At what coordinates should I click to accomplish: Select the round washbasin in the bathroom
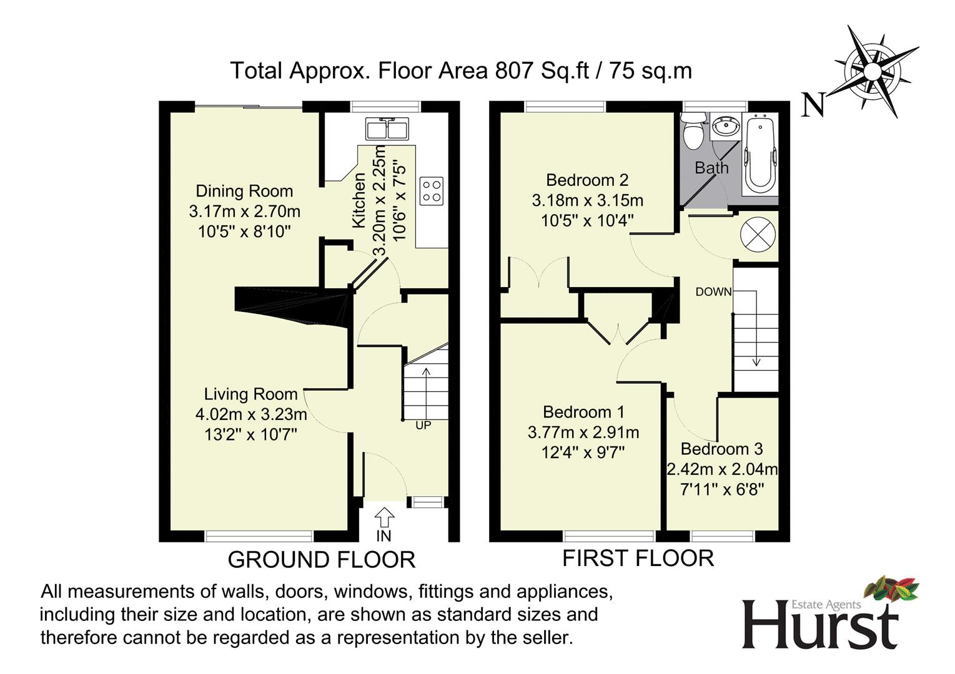[x=726, y=127]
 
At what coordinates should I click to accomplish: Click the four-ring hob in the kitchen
[x=432, y=191]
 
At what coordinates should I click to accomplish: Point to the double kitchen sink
[x=387, y=128]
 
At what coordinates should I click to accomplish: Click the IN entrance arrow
[x=384, y=517]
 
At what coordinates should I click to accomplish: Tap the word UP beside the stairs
[x=423, y=425]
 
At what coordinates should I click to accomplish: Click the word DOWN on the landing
[x=713, y=292]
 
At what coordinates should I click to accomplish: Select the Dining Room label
[x=244, y=191]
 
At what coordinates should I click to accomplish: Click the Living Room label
[x=250, y=394]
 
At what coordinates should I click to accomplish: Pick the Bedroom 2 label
[x=587, y=180]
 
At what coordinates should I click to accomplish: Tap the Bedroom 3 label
[x=722, y=449]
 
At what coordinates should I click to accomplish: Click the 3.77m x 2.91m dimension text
[x=583, y=432]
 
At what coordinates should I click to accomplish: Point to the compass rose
[x=873, y=71]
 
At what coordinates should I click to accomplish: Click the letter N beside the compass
[x=813, y=105]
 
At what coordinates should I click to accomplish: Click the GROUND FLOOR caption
[x=322, y=559]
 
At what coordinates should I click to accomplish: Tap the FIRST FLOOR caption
[x=638, y=558]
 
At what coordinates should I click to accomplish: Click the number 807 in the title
[x=514, y=71]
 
